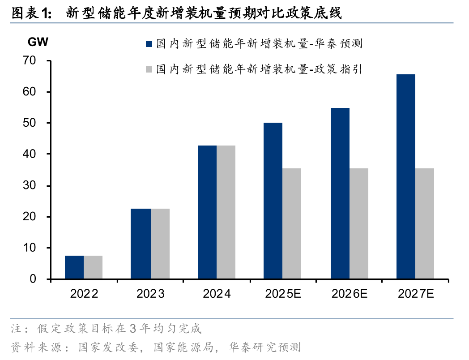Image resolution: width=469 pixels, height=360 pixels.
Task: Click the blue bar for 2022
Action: pyautogui.click(x=74, y=267)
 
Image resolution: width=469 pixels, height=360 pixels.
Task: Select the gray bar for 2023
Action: pyautogui.click(x=160, y=244)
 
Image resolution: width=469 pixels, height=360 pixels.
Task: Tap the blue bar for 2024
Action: pyautogui.click(x=207, y=212)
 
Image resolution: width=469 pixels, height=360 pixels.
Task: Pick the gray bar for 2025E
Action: pyautogui.click(x=292, y=224)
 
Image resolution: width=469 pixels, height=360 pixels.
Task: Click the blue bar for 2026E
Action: pyautogui.click(x=340, y=193)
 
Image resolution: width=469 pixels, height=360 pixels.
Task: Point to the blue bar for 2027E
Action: pyautogui.click(x=406, y=177)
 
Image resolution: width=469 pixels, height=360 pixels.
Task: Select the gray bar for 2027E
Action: pyautogui.click(x=425, y=224)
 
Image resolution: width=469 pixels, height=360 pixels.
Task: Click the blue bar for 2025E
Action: pyautogui.click(x=273, y=201)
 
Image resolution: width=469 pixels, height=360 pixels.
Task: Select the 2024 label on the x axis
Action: pyautogui.click(x=217, y=294)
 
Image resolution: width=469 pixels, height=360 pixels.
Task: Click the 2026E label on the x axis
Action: pyautogui.click(x=350, y=294)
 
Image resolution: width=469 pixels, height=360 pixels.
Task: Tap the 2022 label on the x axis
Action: pyautogui.click(x=84, y=294)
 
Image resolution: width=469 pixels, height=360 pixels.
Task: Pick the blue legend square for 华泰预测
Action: pyautogui.click(x=149, y=44)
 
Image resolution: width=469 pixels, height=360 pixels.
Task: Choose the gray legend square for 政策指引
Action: pyautogui.click(x=149, y=69)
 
